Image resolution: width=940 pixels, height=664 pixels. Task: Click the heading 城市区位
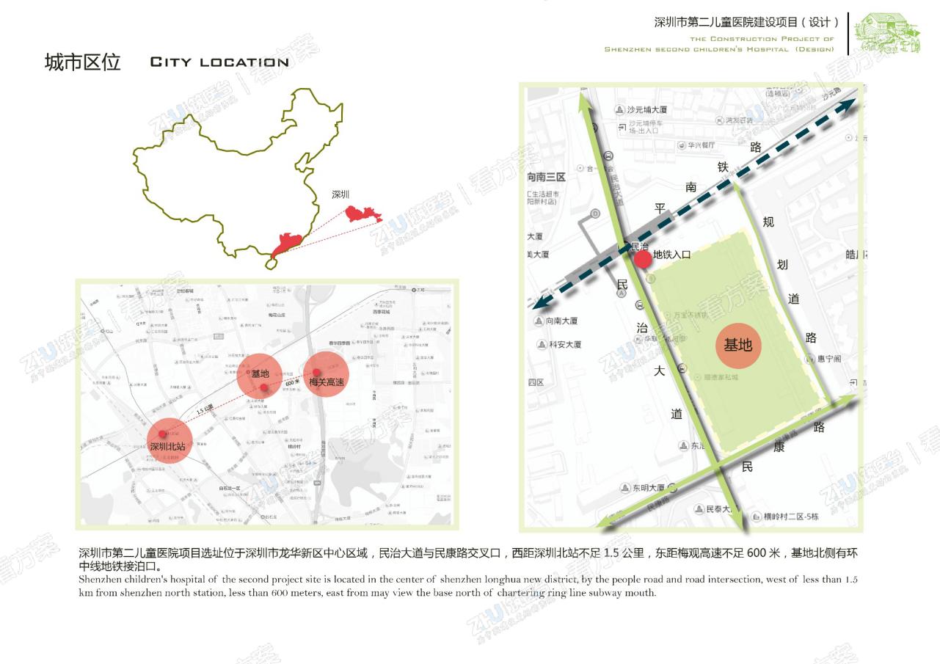(82, 62)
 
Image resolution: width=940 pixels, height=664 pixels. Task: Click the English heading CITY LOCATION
(219, 62)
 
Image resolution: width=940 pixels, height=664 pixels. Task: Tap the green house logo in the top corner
(890, 32)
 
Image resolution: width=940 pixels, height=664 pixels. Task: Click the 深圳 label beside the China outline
(340, 194)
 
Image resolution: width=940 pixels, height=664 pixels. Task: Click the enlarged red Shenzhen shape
(363, 215)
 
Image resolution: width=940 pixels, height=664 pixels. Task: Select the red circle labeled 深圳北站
(170, 440)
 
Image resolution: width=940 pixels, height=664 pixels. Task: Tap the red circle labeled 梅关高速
(326, 375)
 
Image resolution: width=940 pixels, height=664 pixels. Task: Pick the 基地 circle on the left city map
(260, 376)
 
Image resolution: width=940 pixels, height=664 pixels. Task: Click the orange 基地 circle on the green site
(738, 346)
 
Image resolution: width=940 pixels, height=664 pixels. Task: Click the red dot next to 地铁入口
(642, 259)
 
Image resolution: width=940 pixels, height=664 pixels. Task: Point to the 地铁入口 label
(672, 255)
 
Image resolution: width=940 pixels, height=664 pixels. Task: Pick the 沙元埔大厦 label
(644, 109)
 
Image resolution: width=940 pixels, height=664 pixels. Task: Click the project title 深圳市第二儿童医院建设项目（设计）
(746, 23)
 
